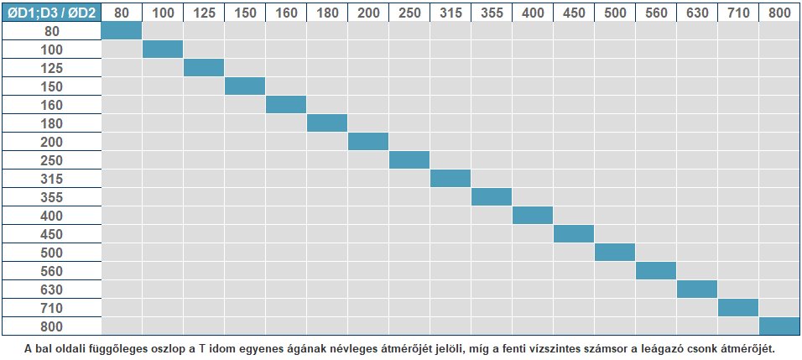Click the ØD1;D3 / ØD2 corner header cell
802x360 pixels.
[x=50, y=12]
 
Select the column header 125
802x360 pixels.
[x=204, y=12]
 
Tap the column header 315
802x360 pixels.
[x=450, y=12]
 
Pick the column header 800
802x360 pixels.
[x=779, y=12]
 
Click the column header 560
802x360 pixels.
[x=656, y=12]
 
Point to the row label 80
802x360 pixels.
[x=50, y=31]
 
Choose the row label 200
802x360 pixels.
[x=50, y=142]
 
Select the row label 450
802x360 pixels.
[x=50, y=234]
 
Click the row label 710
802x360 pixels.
[x=50, y=308]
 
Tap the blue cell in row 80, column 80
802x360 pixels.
[x=122, y=31]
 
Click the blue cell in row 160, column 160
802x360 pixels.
[x=286, y=105]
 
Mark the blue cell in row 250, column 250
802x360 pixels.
[x=409, y=160]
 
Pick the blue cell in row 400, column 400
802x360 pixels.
[x=533, y=216]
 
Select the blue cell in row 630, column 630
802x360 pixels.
[x=697, y=290]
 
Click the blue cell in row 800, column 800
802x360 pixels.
[x=779, y=326]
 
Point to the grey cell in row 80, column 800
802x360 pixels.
[x=779, y=31]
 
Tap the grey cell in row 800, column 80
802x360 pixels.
[x=122, y=326]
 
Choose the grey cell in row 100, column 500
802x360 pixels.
[x=615, y=50]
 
